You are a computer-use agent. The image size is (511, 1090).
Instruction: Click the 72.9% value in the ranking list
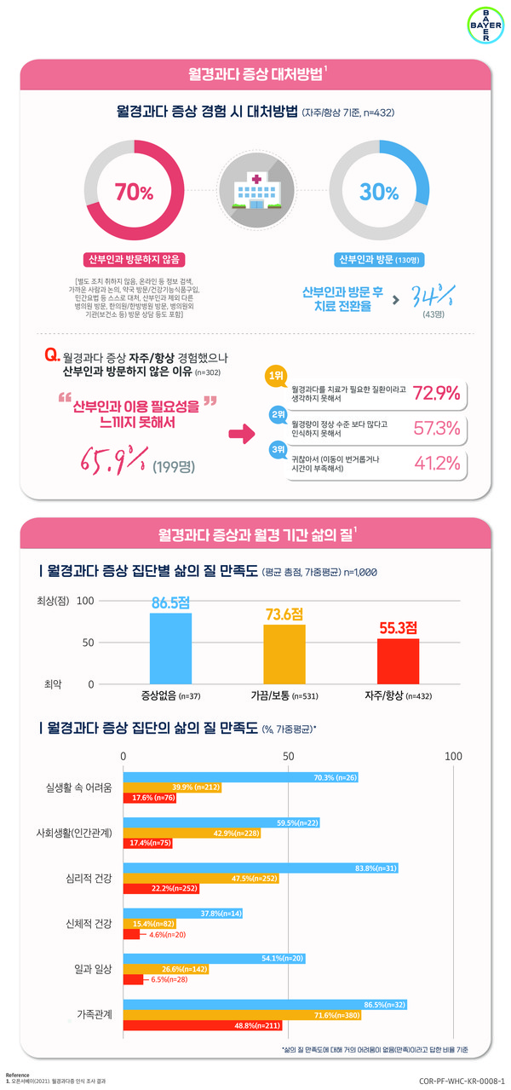click(436, 393)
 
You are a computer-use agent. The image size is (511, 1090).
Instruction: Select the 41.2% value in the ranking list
click(436, 463)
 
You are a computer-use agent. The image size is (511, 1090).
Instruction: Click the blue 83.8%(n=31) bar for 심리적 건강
click(261, 868)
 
